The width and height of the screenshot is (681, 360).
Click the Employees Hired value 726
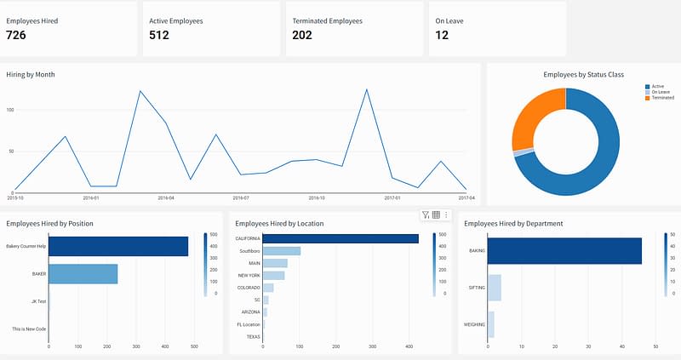(18, 35)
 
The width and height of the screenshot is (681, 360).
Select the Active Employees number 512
(159, 35)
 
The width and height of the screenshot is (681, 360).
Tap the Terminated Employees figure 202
(302, 35)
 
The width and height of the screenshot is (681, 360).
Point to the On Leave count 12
(442, 35)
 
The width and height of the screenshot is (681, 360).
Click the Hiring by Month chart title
(31, 74)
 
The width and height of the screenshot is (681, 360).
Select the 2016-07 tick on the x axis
(240, 197)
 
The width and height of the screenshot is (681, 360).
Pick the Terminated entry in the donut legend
(661, 98)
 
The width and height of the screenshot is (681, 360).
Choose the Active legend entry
(656, 86)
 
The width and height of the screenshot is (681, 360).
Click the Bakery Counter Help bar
(118, 246)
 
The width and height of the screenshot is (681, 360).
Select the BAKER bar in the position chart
(83, 274)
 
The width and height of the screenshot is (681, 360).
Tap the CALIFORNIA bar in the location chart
(340, 239)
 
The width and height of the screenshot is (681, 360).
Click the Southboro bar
(282, 251)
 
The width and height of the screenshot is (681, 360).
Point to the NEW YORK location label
(249, 276)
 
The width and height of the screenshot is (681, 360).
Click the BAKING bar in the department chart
(564, 251)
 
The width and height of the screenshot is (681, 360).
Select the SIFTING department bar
(495, 288)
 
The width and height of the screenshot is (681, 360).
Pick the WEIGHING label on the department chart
(475, 324)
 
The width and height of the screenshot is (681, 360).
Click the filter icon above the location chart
(426, 215)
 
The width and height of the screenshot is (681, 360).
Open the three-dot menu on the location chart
(446, 215)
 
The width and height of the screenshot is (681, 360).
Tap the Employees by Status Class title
(583, 74)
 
